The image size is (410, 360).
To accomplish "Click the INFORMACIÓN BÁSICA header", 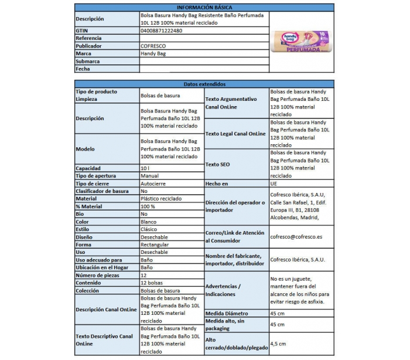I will [x=204, y=6].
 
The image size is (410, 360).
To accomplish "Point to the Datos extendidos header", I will [x=204, y=84].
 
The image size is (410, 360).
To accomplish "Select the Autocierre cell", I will [x=154, y=184].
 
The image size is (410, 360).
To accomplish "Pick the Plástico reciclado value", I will [x=161, y=199].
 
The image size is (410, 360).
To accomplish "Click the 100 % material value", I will [x=148, y=206].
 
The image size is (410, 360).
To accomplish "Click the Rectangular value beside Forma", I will [x=155, y=244].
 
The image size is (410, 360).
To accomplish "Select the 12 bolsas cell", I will [x=152, y=283].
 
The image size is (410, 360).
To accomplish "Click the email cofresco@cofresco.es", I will [x=297, y=237].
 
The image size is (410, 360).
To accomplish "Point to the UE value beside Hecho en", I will [x=274, y=184].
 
